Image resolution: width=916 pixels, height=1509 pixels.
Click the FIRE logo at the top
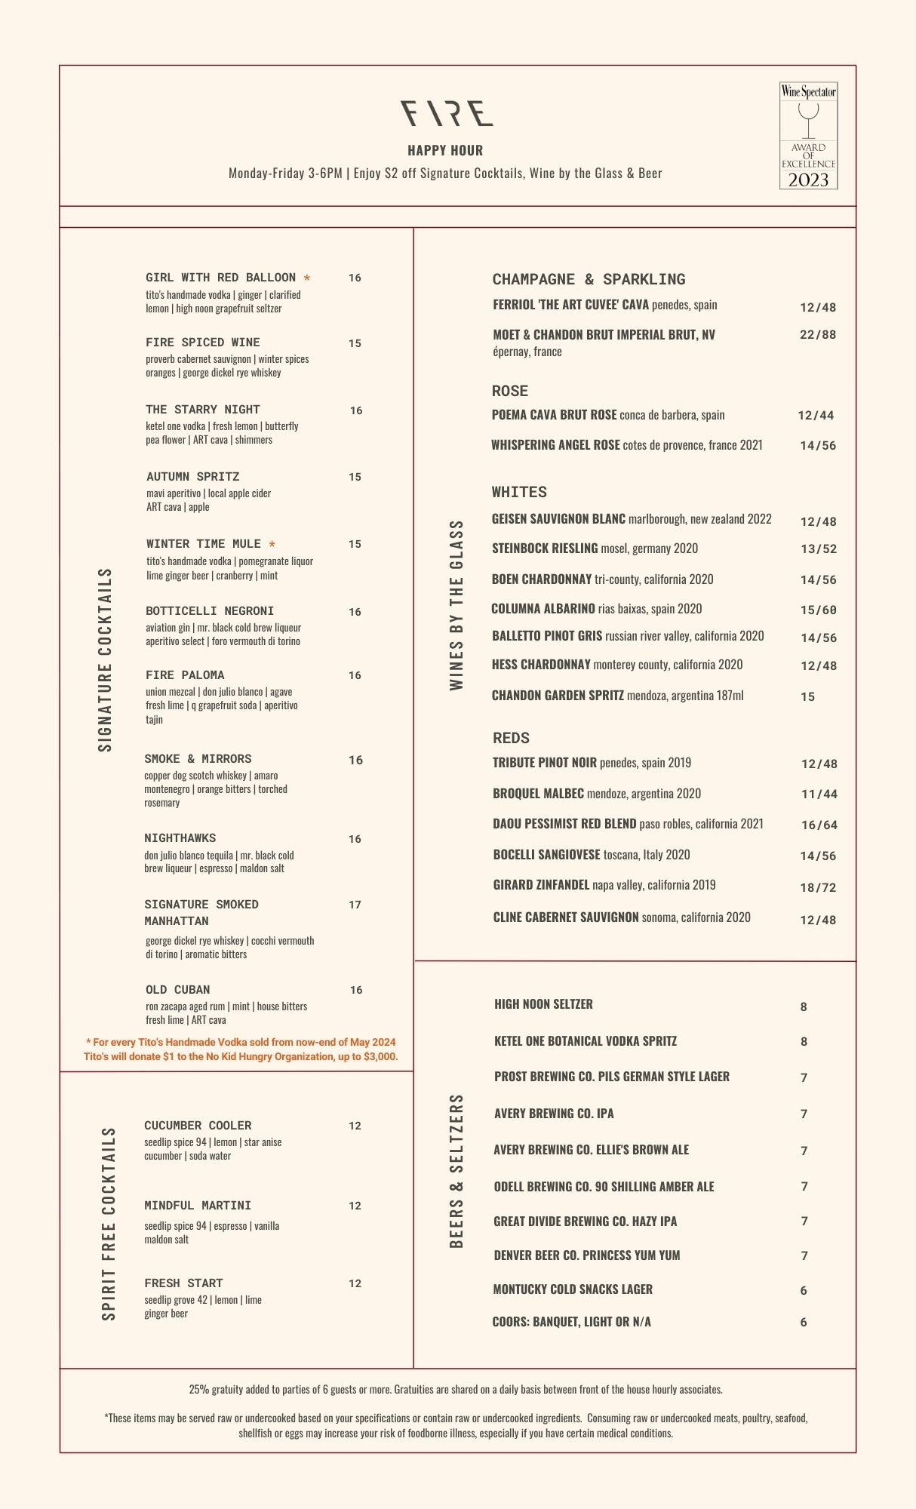click(447, 113)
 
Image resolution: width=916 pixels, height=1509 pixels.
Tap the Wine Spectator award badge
click(808, 136)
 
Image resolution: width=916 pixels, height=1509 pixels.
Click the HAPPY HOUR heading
click(445, 150)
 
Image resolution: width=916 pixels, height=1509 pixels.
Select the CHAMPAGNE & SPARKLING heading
click(589, 279)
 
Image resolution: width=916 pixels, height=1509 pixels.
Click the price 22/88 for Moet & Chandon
click(818, 334)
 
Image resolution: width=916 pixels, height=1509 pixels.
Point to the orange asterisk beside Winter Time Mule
click(272, 545)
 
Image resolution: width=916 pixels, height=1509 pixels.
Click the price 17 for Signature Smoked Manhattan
click(355, 905)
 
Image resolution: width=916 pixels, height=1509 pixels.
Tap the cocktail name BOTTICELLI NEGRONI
click(210, 611)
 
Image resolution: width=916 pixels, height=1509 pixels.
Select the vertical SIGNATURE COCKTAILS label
click(106, 659)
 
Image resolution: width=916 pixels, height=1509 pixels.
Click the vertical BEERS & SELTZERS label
click(456, 1171)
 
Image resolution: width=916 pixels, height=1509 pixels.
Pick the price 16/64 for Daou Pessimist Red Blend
click(819, 825)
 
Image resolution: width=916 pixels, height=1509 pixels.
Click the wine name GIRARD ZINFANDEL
click(541, 885)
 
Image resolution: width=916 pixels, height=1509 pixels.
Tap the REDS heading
click(511, 738)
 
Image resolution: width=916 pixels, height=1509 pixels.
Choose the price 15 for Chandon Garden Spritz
click(808, 696)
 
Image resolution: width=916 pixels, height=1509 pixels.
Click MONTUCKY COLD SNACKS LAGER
click(573, 1289)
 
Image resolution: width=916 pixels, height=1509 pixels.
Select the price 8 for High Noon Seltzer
click(804, 1007)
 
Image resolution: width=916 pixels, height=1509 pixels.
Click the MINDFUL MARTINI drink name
click(198, 1206)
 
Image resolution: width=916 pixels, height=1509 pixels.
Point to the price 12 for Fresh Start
click(355, 1283)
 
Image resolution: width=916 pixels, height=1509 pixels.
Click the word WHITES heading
click(519, 492)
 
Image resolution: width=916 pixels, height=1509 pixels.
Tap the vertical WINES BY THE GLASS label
click(456, 605)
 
